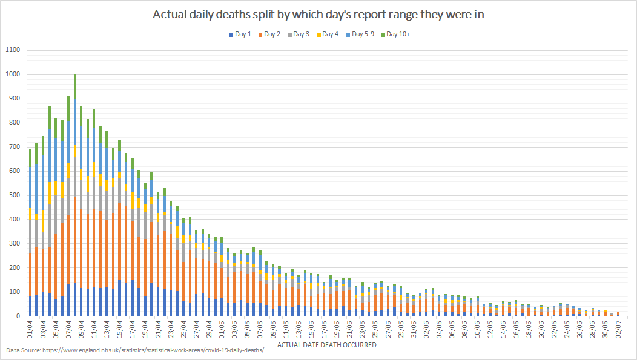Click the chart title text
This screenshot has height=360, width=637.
[x=318, y=14]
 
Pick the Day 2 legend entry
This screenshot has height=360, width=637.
[x=271, y=34]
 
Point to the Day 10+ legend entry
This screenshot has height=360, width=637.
[x=398, y=34]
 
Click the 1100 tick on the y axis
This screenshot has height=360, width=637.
[x=13, y=50]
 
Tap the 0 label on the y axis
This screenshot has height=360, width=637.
[x=19, y=316]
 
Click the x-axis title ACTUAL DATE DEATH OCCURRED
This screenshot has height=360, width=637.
[x=326, y=345]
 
